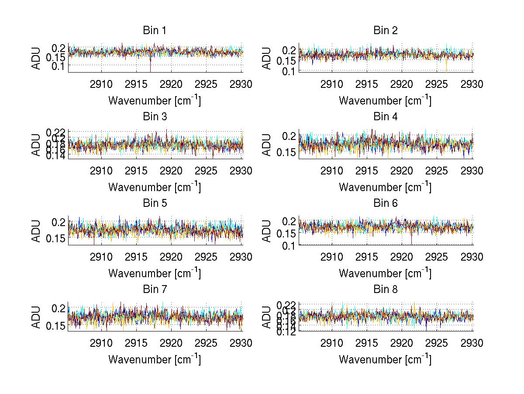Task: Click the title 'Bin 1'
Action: [x=155, y=31]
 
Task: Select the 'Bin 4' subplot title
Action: [x=385, y=117]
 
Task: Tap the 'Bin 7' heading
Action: [x=155, y=289]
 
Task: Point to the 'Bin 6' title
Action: [x=385, y=203]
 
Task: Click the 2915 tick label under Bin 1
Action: [x=136, y=84]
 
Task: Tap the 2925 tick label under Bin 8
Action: [x=436, y=343]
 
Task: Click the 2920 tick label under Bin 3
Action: [x=171, y=171]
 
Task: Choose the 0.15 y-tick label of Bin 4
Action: [x=286, y=153]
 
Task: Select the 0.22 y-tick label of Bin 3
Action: [x=55, y=132]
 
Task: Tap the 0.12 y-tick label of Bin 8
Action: [x=286, y=331]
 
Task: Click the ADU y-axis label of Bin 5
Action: [x=36, y=230]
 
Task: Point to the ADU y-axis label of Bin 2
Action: [x=267, y=58]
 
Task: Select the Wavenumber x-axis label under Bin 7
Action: [x=155, y=359]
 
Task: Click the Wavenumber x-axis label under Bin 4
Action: [x=385, y=187]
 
